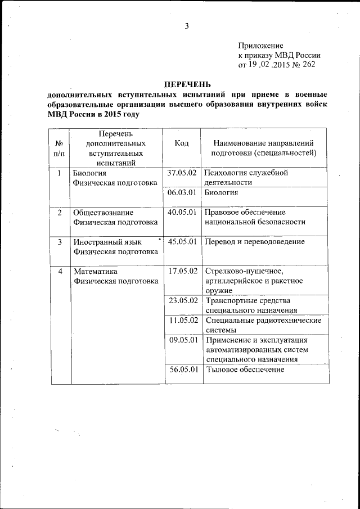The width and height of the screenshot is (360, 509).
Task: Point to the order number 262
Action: [308, 64]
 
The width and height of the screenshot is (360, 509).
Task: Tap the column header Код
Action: [182, 143]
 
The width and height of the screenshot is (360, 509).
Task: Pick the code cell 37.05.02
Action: [182, 173]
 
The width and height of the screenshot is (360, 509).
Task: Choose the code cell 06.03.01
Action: [182, 192]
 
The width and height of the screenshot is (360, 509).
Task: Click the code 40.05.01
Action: [182, 212]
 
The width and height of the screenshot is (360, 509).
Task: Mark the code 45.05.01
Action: [182, 241]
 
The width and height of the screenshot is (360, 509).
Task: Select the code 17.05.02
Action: [182, 271]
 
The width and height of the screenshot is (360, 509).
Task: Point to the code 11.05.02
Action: [182, 320]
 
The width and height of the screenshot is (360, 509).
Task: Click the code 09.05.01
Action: [182, 340]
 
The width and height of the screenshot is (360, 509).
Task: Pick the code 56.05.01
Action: [182, 370]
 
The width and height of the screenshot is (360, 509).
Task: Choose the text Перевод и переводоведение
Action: [255, 241]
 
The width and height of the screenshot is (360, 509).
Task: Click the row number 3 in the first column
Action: [60, 241]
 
